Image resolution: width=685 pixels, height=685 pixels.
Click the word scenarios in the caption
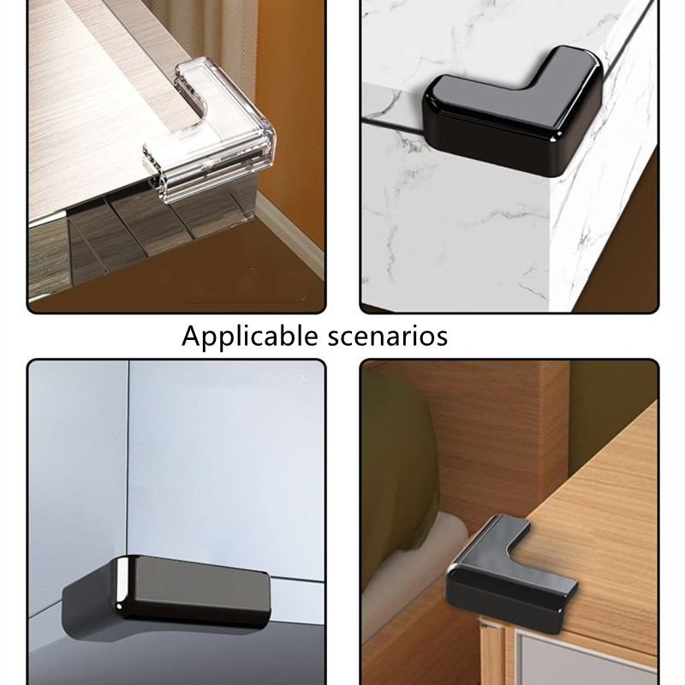(x=388, y=337)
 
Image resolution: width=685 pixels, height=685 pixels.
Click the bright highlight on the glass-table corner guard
(x=122, y=585)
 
